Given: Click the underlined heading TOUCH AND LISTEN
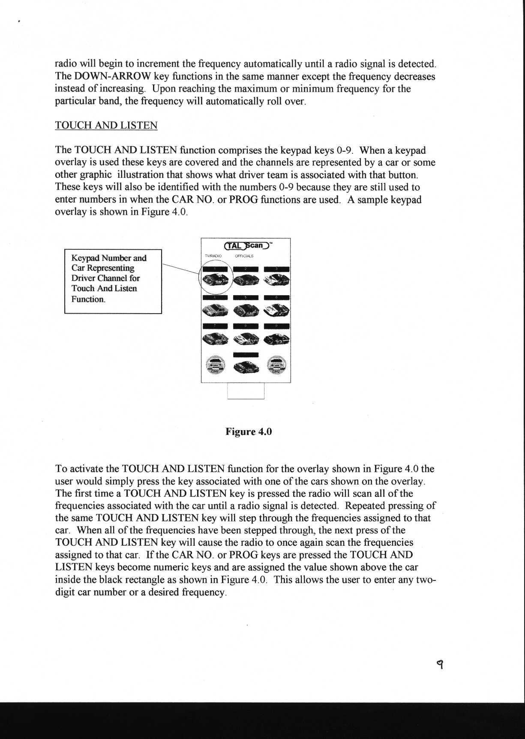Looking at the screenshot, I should point(106,126).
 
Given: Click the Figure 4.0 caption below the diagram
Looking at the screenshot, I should point(249,431).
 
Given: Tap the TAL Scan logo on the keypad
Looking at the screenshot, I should point(246,245).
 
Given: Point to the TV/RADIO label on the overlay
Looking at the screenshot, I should point(213,256).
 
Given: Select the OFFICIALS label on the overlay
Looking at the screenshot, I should point(244,256).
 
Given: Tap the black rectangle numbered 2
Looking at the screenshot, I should point(246,269).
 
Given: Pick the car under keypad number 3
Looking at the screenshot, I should point(277,281).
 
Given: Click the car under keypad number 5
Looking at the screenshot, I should point(246,309).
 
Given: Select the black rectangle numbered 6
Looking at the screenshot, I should point(277,298).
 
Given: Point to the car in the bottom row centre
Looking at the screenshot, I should point(246,367).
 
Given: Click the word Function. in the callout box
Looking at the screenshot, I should point(88,299).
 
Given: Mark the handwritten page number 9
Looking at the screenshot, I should point(439,664).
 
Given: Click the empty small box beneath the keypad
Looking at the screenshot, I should point(246,391).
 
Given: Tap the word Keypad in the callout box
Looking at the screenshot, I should point(85,258).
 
